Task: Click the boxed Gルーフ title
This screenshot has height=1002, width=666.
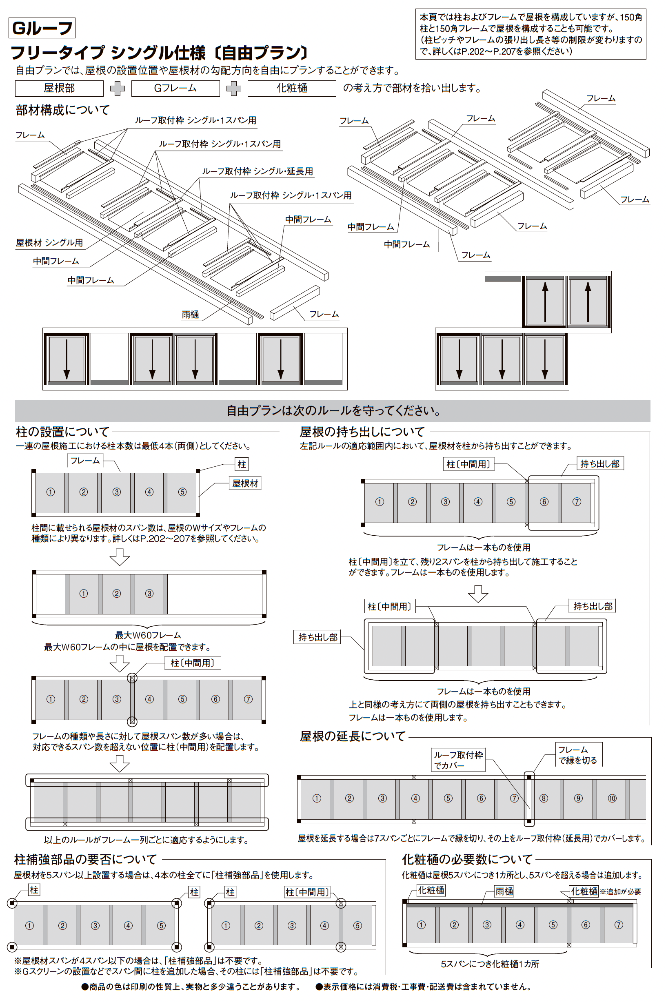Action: (x=42, y=29)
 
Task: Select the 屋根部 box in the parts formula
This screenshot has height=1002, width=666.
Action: (x=59, y=88)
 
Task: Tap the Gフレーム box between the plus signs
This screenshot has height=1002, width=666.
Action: (x=175, y=88)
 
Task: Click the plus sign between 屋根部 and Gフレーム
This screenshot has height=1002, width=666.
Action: (x=117, y=88)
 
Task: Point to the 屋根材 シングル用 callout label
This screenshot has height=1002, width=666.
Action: (x=49, y=242)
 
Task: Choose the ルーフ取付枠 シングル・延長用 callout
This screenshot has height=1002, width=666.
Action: (x=258, y=171)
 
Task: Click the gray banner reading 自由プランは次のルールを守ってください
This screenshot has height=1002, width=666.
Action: (x=333, y=410)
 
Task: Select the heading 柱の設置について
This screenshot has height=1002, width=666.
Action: (x=62, y=432)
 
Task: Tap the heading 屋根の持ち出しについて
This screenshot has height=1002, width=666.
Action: (x=362, y=432)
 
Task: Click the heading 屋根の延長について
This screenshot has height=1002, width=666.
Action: (x=353, y=736)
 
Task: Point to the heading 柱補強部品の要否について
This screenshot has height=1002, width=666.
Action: (x=85, y=859)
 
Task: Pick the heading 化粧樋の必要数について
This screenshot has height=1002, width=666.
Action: (x=467, y=859)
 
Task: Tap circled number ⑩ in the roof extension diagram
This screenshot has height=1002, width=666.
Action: (x=612, y=798)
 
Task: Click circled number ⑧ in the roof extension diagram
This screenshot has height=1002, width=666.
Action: (x=544, y=798)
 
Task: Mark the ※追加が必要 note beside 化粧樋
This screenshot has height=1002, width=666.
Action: (x=620, y=891)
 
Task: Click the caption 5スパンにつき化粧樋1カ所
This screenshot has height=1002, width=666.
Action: (x=490, y=964)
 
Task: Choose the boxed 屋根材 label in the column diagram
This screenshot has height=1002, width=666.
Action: (x=245, y=483)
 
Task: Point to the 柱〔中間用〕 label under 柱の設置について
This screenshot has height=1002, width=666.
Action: (x=192, y=663)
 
